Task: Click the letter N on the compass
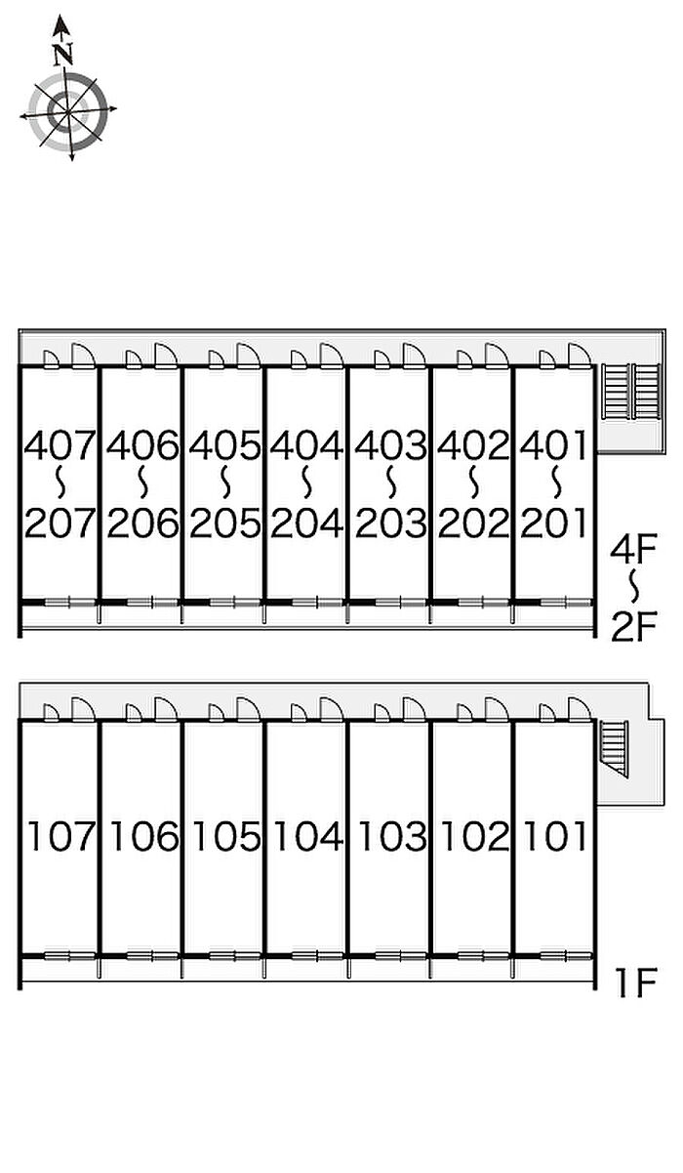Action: point(62,54)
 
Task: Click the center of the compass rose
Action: point(68,111)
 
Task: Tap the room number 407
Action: point(60,445)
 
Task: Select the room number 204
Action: point(307,524)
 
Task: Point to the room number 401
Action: point(553,445)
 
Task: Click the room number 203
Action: point(390,524)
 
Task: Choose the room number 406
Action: point(142,445)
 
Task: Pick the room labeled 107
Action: point(60,836)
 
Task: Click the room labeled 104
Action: point(308,836)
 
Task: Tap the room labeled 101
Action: point(555,836)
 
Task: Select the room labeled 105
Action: point(226,836)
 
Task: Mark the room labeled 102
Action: point(474,836)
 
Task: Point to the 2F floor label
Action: point(633,628)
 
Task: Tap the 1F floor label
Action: point(636,983)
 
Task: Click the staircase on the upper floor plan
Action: point(631,391)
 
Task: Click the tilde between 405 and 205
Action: point(225,482)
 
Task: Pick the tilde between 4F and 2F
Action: point(634,586)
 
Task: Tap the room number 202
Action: point(473,524)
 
